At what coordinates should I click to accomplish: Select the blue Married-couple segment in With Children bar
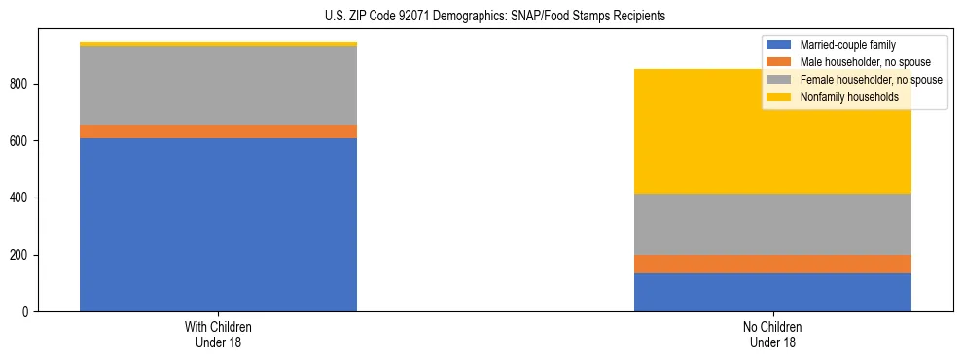(218, 225)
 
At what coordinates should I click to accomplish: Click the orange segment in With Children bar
(218, 131)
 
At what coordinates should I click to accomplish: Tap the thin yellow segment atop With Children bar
(218, 44)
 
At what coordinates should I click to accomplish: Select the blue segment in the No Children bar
(772, 292)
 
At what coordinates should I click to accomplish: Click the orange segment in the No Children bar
(772, 264)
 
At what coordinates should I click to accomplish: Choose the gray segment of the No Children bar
(772, 224)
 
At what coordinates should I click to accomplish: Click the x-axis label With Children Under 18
(218, 334)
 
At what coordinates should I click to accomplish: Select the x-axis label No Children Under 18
(772, 334)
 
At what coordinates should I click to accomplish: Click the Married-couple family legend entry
(847, 45)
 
